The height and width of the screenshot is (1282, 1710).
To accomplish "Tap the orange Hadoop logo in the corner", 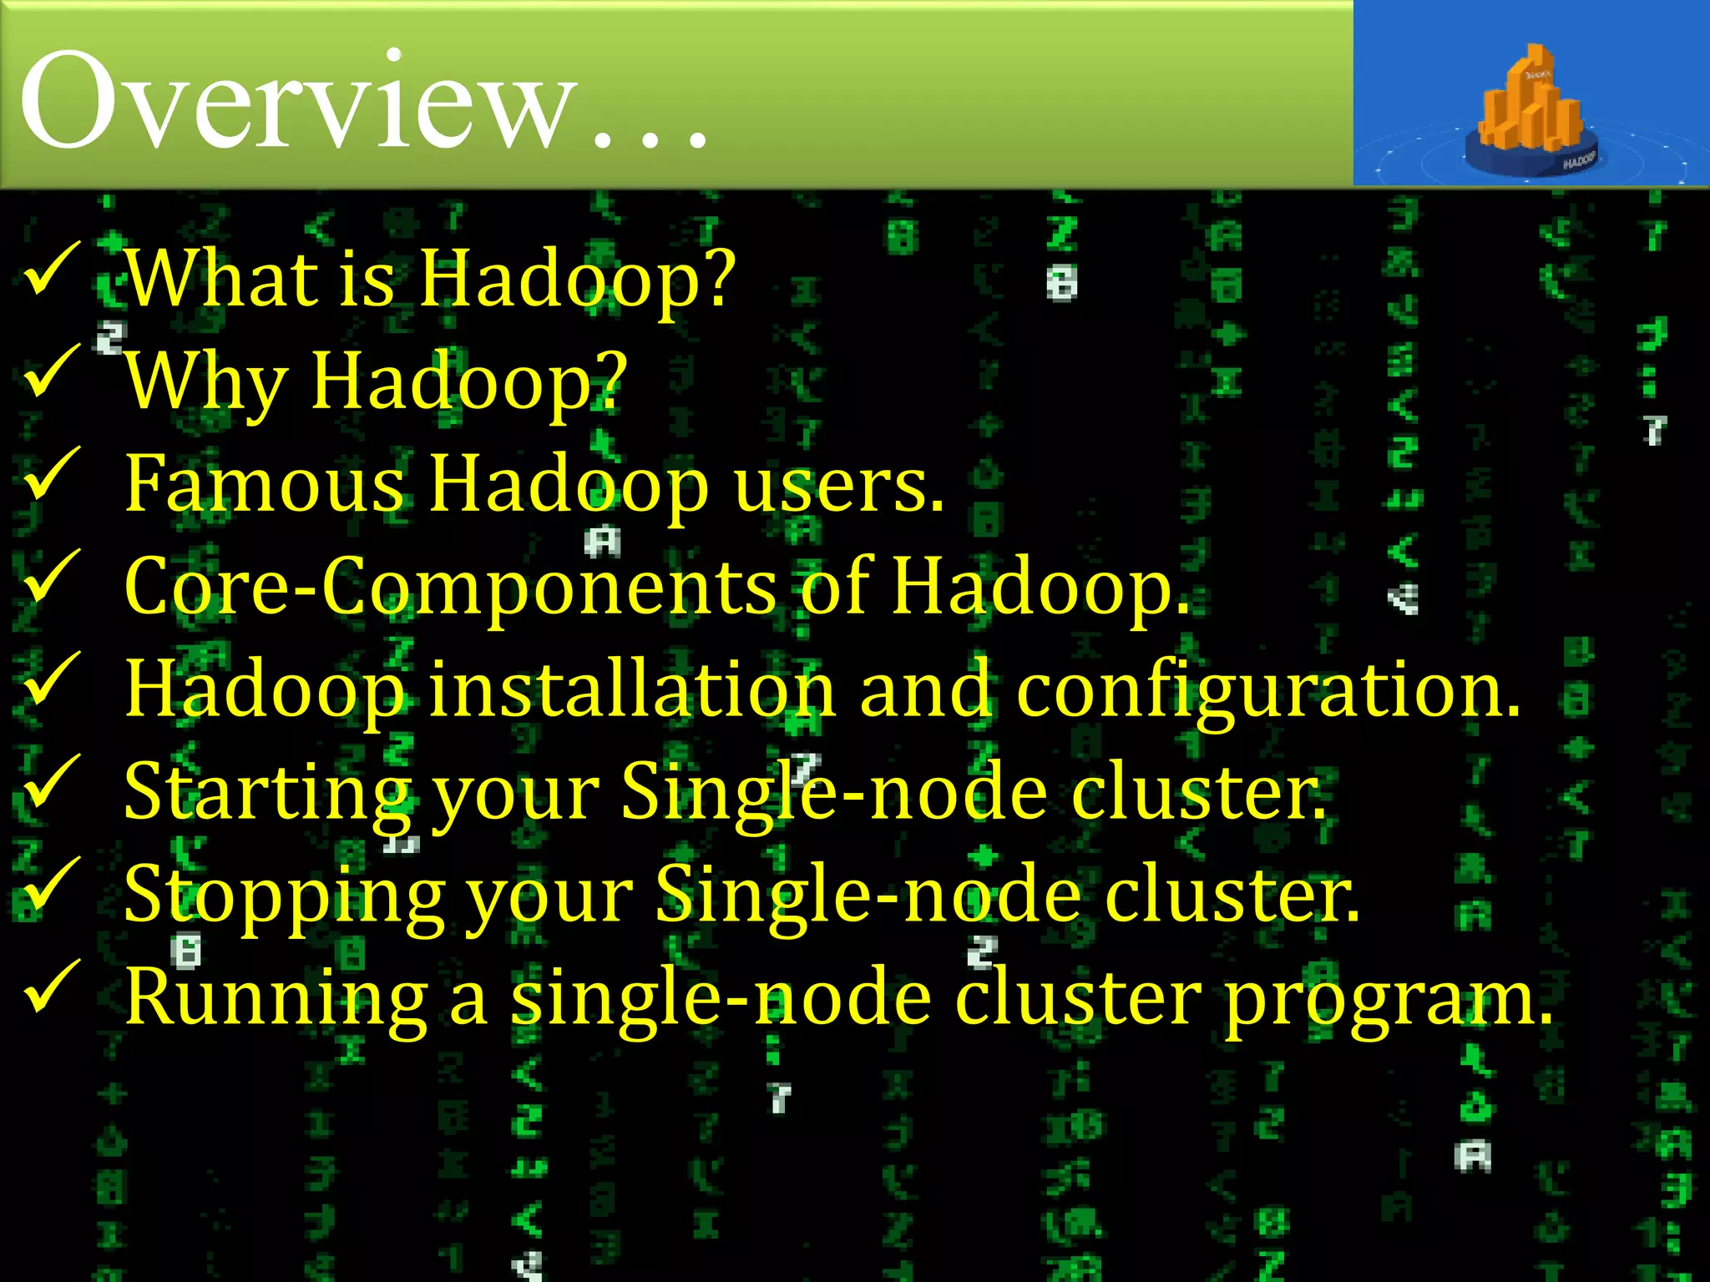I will pos(1531,109).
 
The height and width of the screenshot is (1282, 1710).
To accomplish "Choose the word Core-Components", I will pos(451,587).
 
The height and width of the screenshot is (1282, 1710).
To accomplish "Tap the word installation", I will pos(631,689).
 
